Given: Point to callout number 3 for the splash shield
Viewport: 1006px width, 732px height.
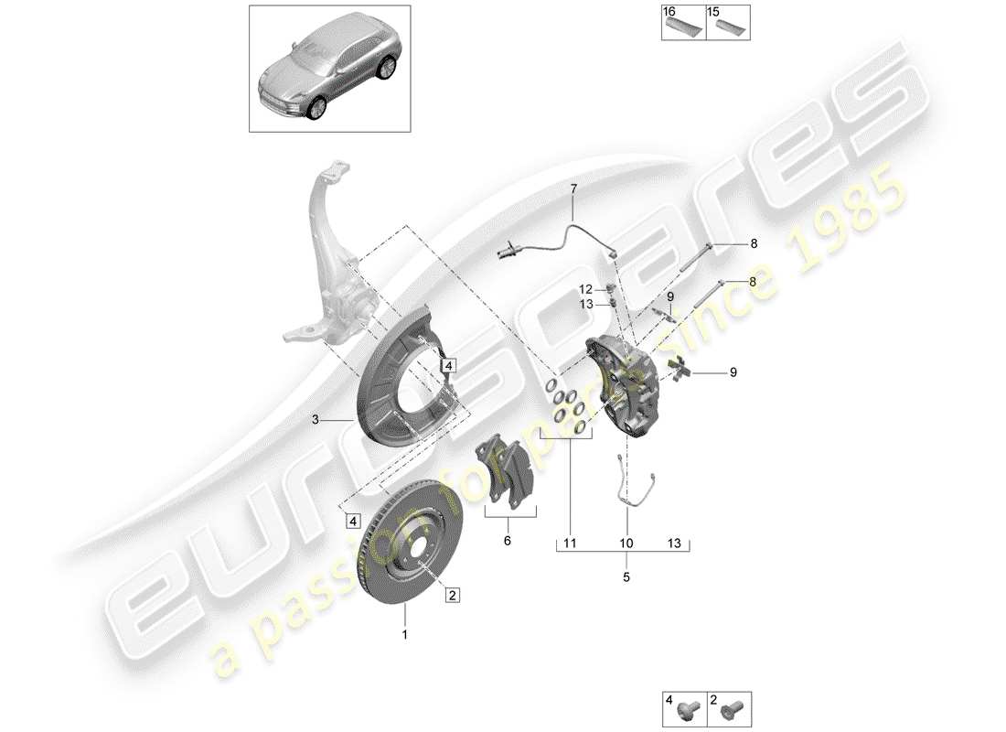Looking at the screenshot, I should pos(315,420).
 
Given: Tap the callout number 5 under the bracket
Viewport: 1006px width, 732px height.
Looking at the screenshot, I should pos(626,577).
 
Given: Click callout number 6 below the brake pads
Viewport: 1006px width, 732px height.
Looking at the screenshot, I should pos(508,542).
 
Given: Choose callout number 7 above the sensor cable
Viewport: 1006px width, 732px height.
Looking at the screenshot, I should pos(573,189).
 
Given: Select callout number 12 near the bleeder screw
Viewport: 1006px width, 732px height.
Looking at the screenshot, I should pos(586,289).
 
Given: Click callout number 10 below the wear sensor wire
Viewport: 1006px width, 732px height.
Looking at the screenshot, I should pos(626,544).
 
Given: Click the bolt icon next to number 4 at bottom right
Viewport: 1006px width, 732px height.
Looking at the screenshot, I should pos(693,706).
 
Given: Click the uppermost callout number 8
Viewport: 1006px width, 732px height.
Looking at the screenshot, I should pos(754,243).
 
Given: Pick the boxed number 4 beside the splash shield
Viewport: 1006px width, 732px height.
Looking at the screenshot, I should pos(449,365).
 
